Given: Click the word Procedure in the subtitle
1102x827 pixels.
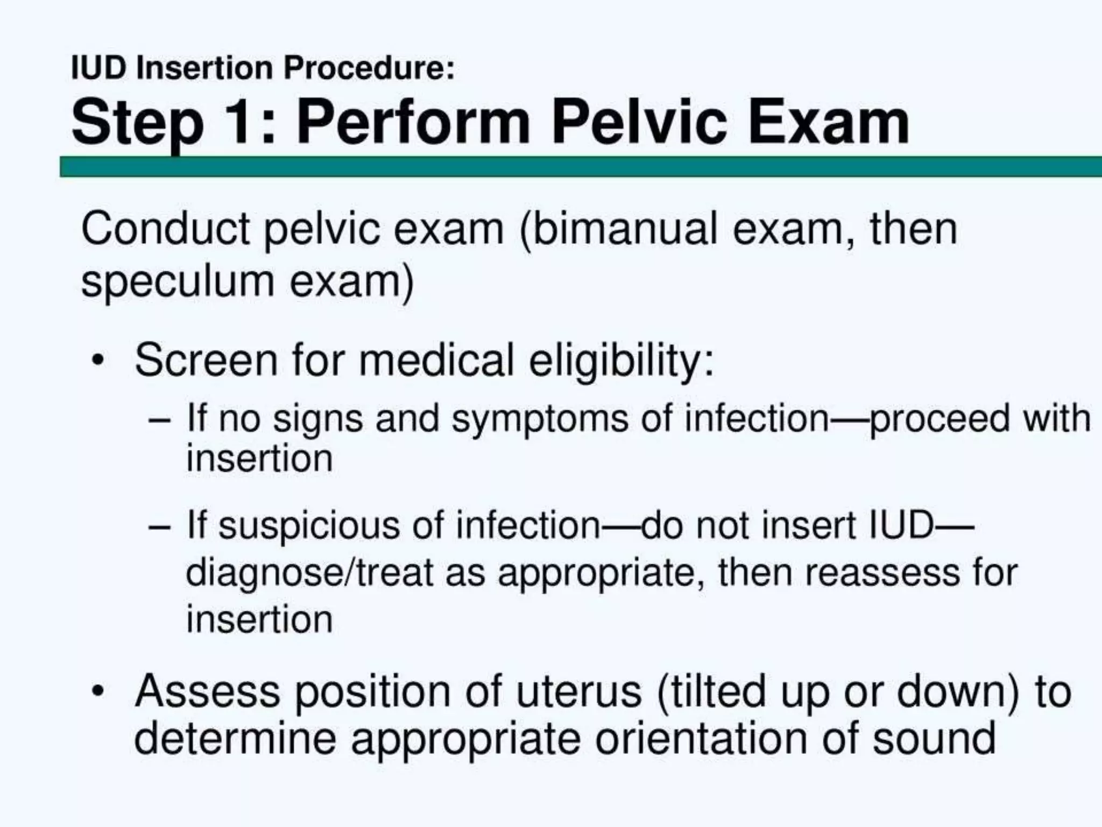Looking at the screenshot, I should tap(369, 69).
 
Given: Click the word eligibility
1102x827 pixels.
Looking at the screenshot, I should tap(621, 361).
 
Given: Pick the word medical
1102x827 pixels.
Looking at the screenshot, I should tap(436, 360).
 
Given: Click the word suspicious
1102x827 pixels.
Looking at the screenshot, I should tap(309, 526).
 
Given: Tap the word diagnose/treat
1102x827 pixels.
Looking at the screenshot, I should tap(309, 573).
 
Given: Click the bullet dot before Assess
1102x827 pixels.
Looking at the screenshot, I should tap(97, 691).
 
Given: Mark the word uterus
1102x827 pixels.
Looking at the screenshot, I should tap(579, 691).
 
